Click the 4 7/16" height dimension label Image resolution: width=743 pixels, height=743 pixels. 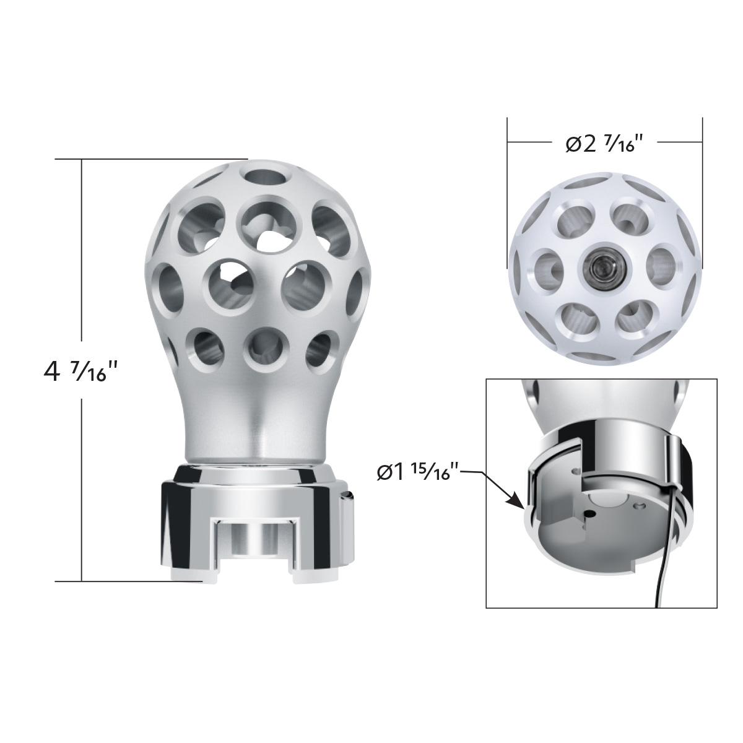pyautogui.click(x=80, y=371)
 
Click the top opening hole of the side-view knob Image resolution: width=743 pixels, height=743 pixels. pyautogui.click(x=266, y=175)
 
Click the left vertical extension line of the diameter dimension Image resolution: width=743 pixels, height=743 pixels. pyautogui.click(x=507, y=186)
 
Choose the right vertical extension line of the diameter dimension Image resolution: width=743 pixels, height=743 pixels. pyautogui.click(x=702, y=186)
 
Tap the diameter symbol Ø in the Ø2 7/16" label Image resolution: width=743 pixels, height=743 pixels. pyautogui.click(x=573, y=144)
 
